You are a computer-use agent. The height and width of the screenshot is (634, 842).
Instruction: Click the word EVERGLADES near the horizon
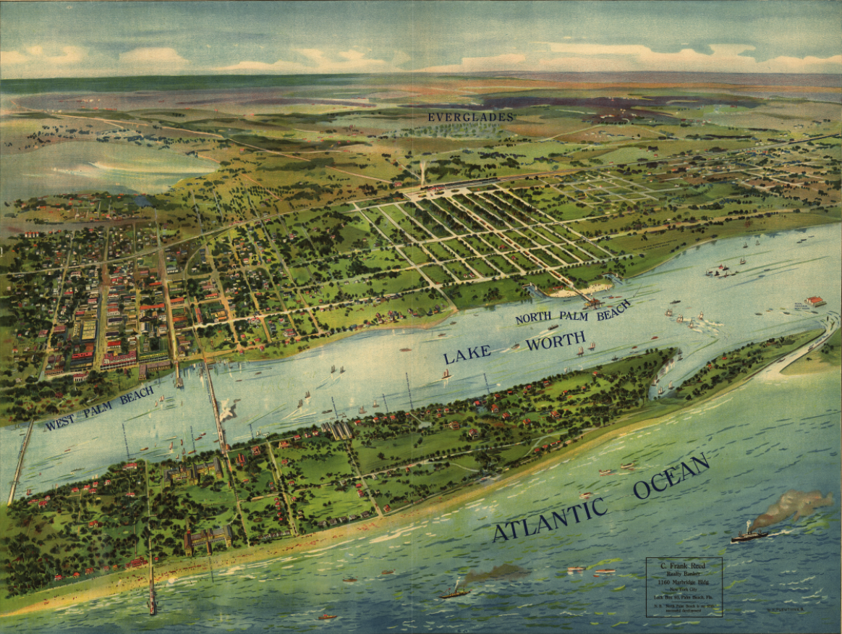click(x=470, y=117)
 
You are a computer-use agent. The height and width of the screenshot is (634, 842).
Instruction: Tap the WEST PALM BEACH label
click(x=99, y=408)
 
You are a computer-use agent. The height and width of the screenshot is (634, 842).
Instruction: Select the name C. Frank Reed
click(x=684, y=564)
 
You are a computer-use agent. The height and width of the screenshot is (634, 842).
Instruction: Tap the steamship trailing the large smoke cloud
click(x=749, y=535)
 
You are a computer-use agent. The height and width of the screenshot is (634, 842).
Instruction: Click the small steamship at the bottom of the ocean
click(x=454, y=593)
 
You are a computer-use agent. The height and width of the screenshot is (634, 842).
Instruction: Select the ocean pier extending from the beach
click(x=152, y=586)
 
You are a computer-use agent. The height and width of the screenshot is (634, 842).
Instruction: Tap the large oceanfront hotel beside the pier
click(x=208, y=539)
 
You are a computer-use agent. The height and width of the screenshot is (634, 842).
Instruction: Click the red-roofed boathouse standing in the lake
click(x=814, y=300)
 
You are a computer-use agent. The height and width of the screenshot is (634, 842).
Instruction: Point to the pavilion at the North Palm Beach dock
click(x=593, y=303)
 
